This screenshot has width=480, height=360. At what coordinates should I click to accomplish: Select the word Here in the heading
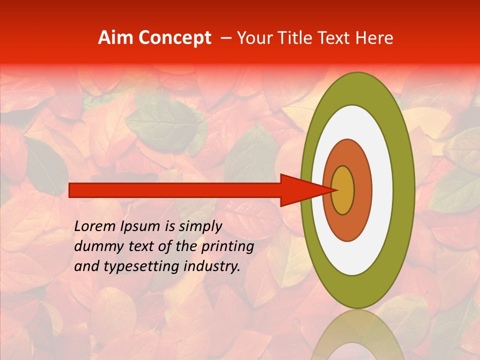(375, 38)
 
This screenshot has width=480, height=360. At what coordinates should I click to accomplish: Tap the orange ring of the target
(362, 190)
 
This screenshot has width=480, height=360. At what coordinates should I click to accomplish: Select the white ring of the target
(382, 190)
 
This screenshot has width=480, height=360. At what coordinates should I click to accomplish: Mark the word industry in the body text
(209, 266)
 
